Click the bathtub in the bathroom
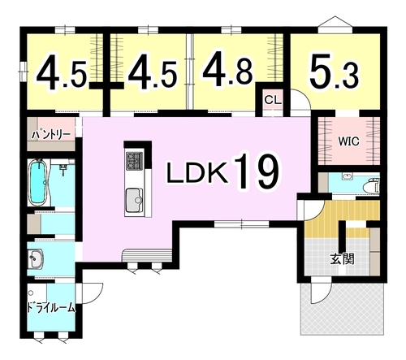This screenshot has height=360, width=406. [39, 183]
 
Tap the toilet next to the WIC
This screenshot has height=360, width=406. [373, 185]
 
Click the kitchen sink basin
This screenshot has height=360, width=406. [134, 200]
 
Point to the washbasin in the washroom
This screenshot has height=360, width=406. [36, 258]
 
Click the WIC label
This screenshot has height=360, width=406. [349, 141]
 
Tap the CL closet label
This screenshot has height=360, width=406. [273, 100]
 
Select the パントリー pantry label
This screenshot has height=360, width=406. [51, 134]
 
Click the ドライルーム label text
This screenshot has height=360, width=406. [51, 308]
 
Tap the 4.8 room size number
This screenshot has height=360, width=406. [228, 70]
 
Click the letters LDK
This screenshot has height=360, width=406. [197, 173]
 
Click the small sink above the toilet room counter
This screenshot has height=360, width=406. [347, 177]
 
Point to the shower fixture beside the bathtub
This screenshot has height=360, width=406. [63, 169]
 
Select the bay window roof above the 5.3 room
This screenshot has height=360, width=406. [335, 22]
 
